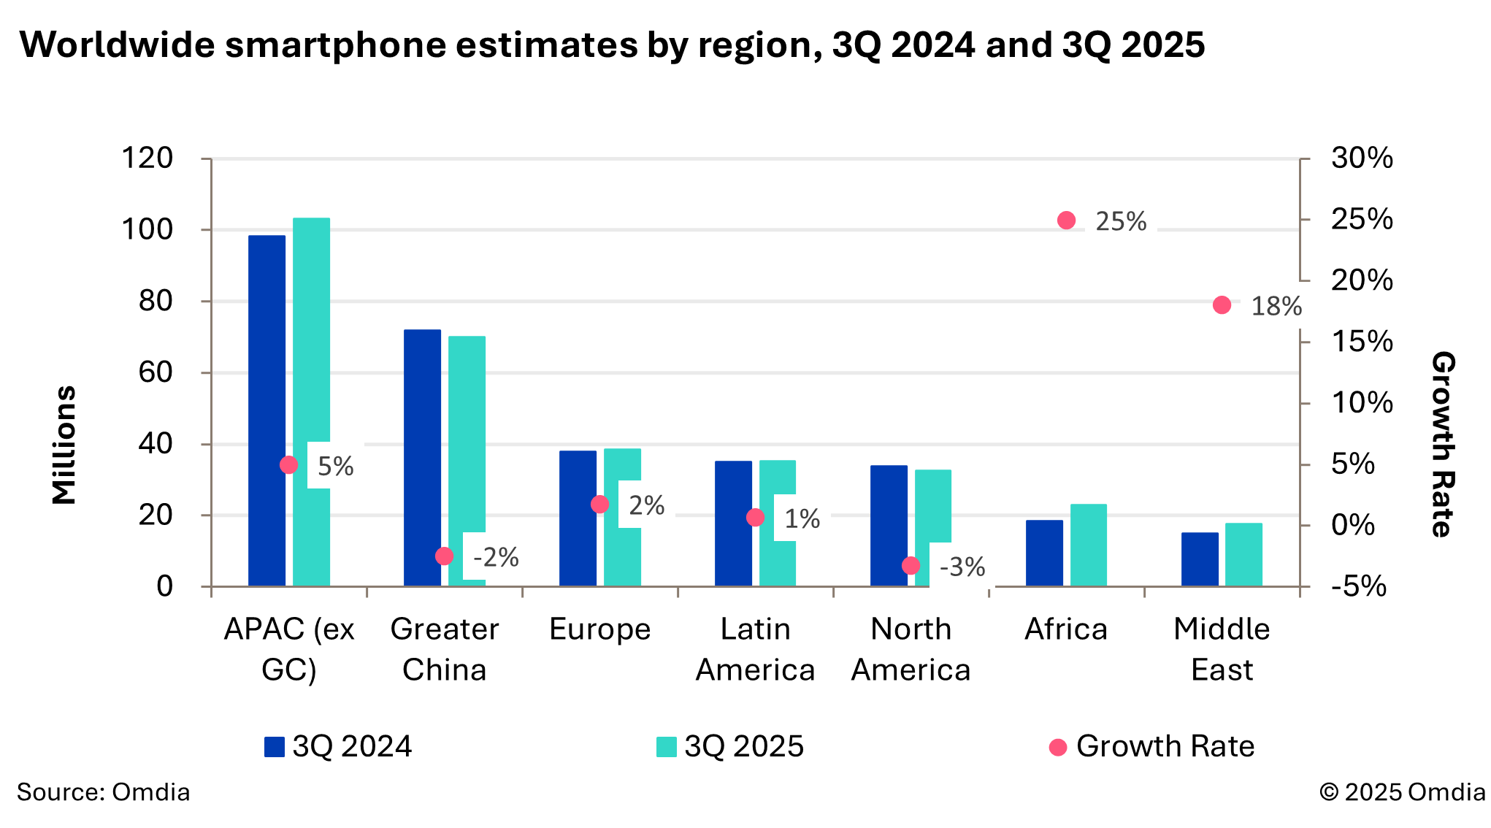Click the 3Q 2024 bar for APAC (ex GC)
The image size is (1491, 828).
click(267, 409)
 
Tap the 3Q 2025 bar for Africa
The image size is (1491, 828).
click(1088, 545)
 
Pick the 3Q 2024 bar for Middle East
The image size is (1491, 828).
click(1200, 559)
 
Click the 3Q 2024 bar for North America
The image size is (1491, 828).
click(889, 526)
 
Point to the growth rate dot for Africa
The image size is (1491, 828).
click(1066, 221)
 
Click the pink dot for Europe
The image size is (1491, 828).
click(599, 505)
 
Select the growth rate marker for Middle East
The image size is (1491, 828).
click(1222, 305)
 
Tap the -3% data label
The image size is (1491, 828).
click(962, 567)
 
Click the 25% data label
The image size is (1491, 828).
click(1121, 221)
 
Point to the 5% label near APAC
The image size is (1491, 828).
click(335, 466)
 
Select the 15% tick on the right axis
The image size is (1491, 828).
click(1361, 342)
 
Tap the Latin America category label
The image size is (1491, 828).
click(755, 649)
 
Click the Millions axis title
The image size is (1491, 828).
click(64, 445)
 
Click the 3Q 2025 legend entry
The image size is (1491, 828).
click(730, 746)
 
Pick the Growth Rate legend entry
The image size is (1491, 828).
click(1152, 746)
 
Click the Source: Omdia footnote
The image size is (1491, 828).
click(103, 792)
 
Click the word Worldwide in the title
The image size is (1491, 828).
click(117, 45)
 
